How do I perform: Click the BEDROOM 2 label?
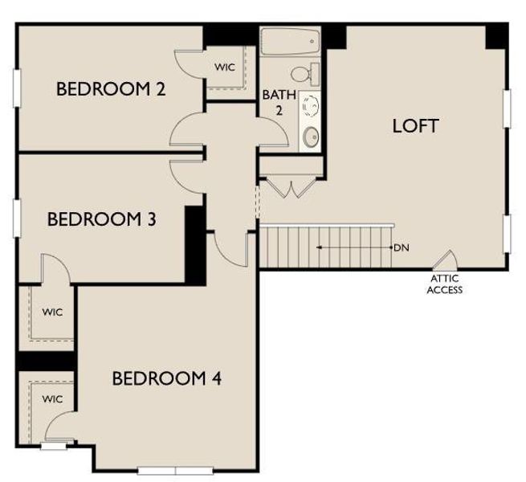click(111, 89)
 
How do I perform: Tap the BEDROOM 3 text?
click(101, 219)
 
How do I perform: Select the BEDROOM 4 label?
click(166, 378)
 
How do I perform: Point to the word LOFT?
click(415, 126)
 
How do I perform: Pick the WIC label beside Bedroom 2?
click(225, 67)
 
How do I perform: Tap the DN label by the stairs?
click(402, 247)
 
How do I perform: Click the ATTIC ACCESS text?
click(444, 284)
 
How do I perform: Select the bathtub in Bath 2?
click(290, 42)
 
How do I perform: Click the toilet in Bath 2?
click(303, 75)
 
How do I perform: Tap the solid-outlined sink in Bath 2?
click(312, 137)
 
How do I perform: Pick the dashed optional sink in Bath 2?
click(311, 106)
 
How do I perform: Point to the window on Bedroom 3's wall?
click(15, 218)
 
